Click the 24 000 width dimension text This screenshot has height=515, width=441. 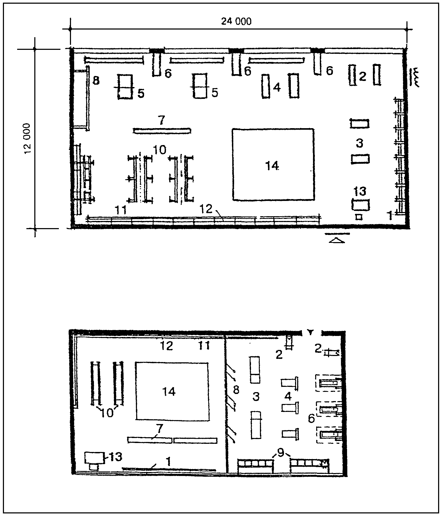click(x=236, y=21)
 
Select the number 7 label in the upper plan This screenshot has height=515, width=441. click(x=162, y=121)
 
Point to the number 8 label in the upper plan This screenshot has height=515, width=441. click(x=96, y=81)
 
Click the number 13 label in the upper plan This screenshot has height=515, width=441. click(x=360, y=191)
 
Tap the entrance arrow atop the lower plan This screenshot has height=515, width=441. click(x=310, y=332)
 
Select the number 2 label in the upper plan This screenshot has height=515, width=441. click(x=363, y=77)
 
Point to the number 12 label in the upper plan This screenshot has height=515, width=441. click(x=206, y=209)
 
